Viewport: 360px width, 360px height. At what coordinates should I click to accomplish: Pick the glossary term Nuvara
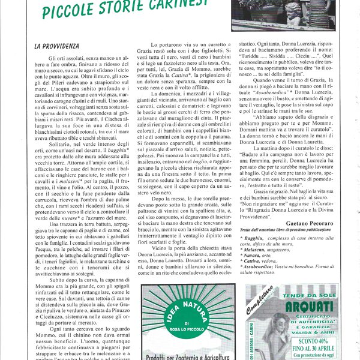click(251, 256)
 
